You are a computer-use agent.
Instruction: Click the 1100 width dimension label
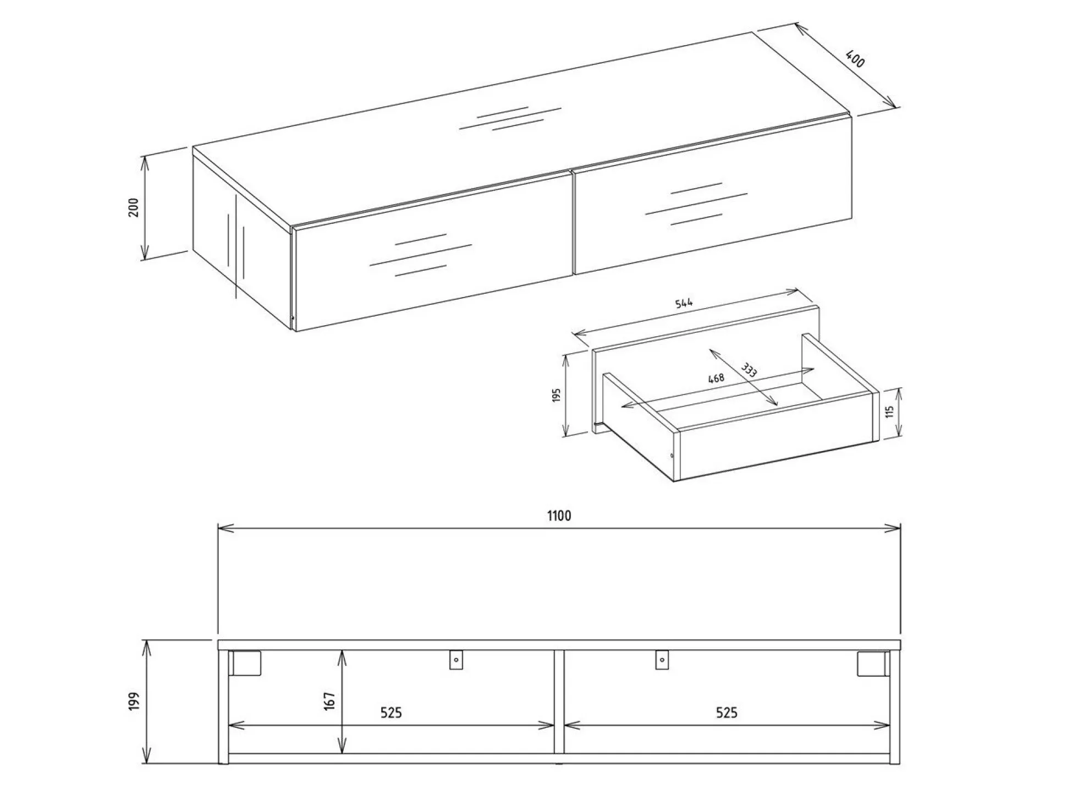point(559,515)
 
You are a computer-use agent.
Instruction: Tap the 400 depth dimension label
point(855,59)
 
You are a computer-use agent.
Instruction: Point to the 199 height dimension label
point(134,702)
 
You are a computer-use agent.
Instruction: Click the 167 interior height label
point(329,701)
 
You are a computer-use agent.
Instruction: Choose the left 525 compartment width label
point(391,713)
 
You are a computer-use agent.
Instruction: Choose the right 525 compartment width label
point(726,713)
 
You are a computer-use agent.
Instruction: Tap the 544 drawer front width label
point(684,303)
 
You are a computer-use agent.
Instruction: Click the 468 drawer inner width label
point(716,378)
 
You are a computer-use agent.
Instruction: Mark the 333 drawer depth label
point(749,370)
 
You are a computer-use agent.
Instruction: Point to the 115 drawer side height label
point(890,412)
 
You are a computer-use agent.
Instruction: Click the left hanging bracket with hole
point(456,660)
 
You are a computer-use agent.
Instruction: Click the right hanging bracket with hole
point(662,660)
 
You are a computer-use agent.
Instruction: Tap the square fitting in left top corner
point(246,663)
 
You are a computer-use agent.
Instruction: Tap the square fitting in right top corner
point(872,663)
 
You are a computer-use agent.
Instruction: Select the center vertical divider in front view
point(559,701)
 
